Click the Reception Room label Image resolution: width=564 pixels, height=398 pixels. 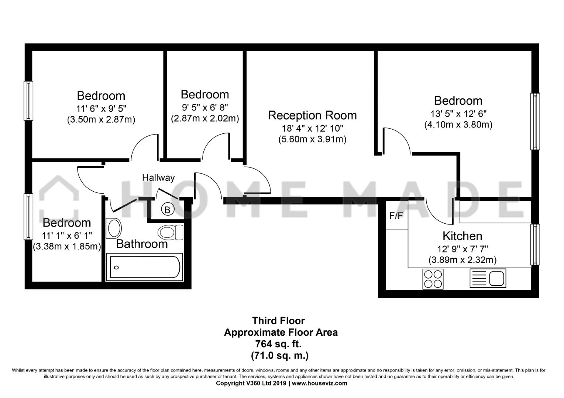[312, 115]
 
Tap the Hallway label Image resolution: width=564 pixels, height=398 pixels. [158, 178]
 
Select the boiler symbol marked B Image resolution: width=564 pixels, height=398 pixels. [168, 209]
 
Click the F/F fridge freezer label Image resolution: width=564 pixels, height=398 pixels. [396, 216]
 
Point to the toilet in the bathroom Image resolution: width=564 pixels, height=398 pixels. [171, 232]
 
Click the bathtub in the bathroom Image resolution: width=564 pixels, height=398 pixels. [144, 267]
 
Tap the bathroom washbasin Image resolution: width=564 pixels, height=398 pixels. [114, 228]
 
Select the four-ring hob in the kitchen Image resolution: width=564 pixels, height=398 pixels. [433, 279]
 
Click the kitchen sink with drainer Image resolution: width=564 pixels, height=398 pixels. [488, 278]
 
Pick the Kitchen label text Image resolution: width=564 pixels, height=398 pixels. [462, 236]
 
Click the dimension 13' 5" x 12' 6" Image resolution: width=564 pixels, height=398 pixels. [458, 114]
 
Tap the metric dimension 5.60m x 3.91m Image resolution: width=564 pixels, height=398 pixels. [312, 139]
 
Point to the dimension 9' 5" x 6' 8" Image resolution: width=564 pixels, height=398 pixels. [205, 108]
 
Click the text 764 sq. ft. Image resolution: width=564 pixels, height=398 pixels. [278, 344]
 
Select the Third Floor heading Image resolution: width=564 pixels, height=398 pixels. [278, 321]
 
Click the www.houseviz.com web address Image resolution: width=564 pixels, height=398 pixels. [320, 383]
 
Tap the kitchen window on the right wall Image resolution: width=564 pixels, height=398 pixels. [535, 244]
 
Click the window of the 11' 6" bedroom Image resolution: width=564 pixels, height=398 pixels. [28, 101]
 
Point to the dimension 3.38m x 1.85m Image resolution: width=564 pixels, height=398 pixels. [67, 247]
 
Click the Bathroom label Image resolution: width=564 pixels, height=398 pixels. [142, 244]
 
